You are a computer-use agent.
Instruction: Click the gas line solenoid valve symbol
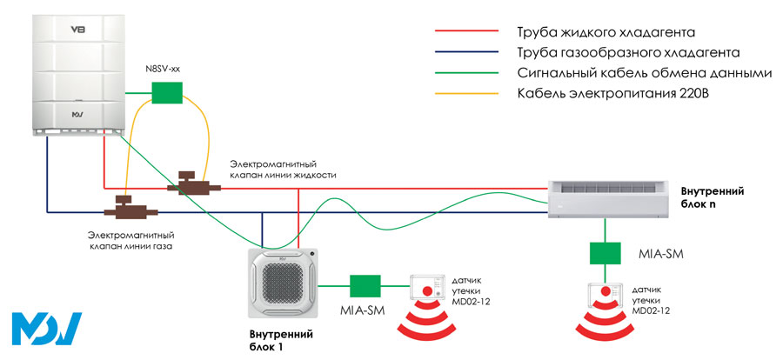126,209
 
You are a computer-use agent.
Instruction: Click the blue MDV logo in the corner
47,329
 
